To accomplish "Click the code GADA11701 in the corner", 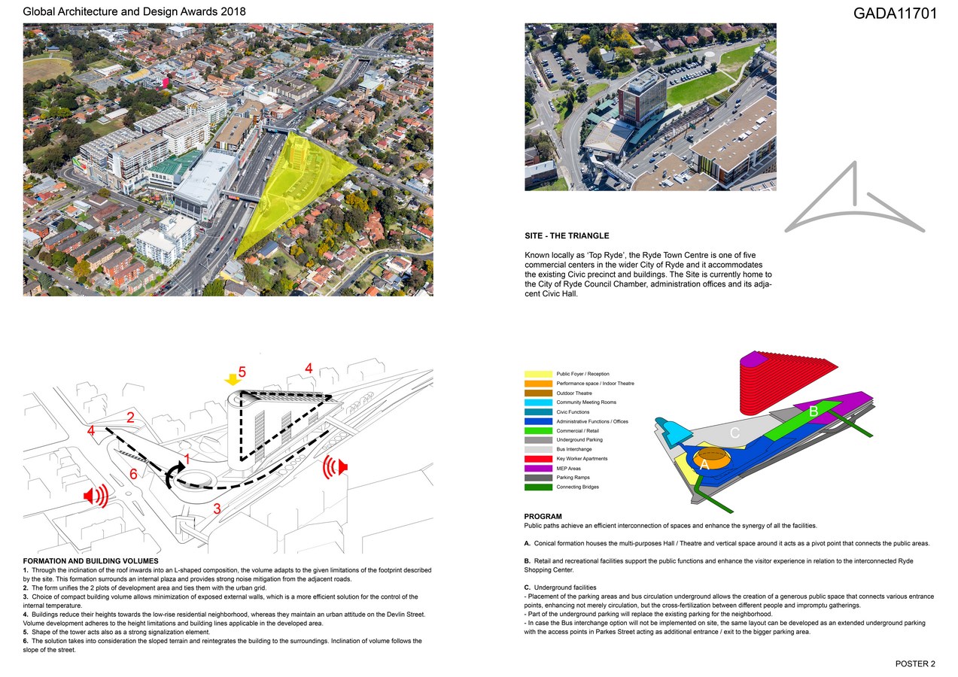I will (x=895, y=13).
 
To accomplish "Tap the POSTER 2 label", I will (x=915, y=663).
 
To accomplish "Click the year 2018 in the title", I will (x=232, y=12).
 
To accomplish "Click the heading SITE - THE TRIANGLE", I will (x=567, y=236).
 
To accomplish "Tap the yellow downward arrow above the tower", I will (x=233, y=380).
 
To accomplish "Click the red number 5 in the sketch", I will (x=242, y=372).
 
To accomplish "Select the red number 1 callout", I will (x=185, y=457).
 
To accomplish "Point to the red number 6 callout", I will (x=132, y=474).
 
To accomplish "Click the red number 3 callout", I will (x=217, y=509).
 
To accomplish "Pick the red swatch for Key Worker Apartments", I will (x=539, y=459).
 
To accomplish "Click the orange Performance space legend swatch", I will (x=539, y=384).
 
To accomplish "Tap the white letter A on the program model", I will (x=704, y=466).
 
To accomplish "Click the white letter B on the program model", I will (x=814, y=412).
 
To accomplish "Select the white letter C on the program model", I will (x=735, y=433).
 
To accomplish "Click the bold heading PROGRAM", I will (x=543, y=517).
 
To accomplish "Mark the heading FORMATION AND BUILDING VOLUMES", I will (x=90, y=561).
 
